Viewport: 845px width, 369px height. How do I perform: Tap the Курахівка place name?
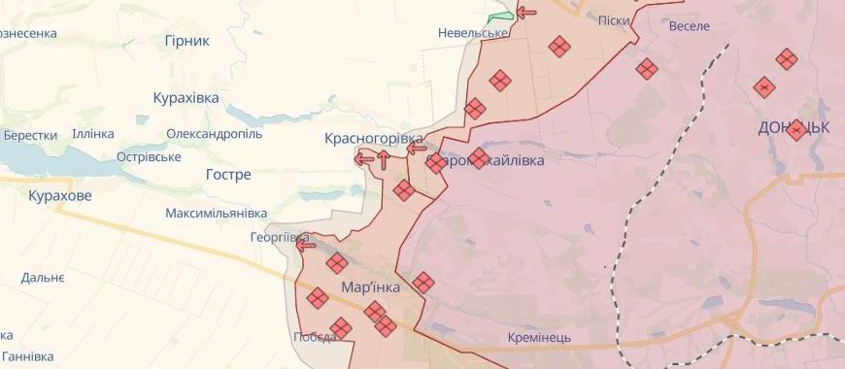point(186,98)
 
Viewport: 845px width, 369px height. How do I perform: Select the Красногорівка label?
point(374,139)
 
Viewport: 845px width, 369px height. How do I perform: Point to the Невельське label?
point(473,33)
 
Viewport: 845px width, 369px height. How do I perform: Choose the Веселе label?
point(690,25)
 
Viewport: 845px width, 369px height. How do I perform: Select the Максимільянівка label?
point(216,213)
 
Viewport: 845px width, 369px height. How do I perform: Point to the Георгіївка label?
point(279,237)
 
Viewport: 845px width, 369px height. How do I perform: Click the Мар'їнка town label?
point(371,287)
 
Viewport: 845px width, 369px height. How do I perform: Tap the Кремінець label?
point(539,338)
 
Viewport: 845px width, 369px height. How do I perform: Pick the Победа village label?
point(315,338)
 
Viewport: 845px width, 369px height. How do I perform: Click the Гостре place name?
point(228,175)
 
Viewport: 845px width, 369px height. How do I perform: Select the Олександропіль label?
point(214,134)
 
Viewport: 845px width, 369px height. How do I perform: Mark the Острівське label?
point(149,156)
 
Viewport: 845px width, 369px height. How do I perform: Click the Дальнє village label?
point(43,278)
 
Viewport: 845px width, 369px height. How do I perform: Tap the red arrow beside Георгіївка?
point(306,245)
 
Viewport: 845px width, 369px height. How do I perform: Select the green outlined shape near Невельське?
point(499,18)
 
